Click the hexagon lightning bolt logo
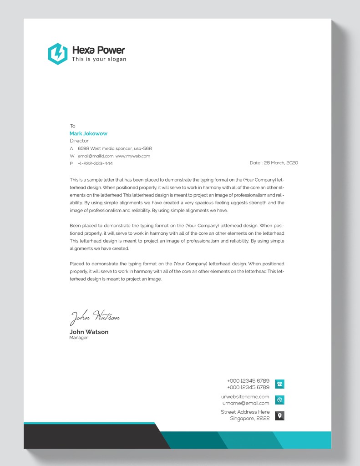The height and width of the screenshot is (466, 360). [57, 54]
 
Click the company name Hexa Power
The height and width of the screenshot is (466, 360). [98, 50]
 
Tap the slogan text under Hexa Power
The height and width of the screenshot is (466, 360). [99, 59]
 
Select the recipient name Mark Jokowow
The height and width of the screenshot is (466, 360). [88, 133]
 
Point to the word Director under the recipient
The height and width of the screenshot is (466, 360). [79, 141]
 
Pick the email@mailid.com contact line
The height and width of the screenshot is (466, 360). [114, 156]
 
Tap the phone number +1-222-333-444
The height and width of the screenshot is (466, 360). [95, 163]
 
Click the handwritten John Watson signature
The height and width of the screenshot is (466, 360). [94, 317]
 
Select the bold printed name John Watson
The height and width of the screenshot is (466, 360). [89, 332]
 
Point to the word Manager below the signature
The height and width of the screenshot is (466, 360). [79, 338]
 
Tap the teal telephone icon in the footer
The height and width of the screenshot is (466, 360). [280, 384]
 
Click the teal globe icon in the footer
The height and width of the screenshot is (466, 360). [280, 400]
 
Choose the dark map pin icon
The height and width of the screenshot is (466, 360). [280, 415]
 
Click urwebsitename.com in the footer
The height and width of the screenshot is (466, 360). [245, 396]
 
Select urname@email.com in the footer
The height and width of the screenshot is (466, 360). [246, 403]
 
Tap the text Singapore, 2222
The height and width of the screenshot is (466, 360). [249, 418]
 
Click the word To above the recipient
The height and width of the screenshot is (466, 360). [72, 126]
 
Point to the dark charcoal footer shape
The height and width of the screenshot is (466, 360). [91, 436]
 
